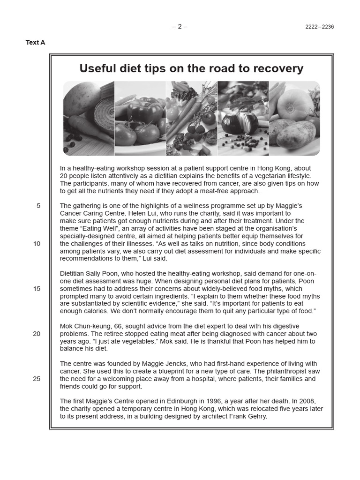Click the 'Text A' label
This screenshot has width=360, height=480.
coord(35,43)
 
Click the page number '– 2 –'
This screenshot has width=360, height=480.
coord(180,26)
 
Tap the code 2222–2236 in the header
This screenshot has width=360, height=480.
coord(320,27)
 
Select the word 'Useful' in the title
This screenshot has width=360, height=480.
coord(97,68)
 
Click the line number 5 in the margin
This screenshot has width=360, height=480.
coord(38,206)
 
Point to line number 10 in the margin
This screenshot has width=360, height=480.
coord(37,244)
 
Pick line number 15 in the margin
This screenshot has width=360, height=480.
coord(37,289)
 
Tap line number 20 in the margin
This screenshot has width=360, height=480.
coord(37,334)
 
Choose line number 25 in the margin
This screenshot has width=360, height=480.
coord(37,379)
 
